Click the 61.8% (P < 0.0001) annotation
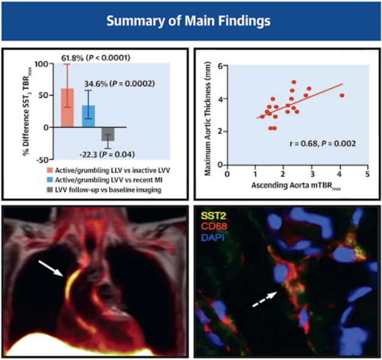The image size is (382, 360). (95, 57)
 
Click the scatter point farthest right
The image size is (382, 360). (342, 95)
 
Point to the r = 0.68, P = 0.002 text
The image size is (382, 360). (322, 144)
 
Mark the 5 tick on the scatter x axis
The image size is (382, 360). (367, 174)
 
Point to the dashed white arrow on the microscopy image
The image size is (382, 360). (264, 301)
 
